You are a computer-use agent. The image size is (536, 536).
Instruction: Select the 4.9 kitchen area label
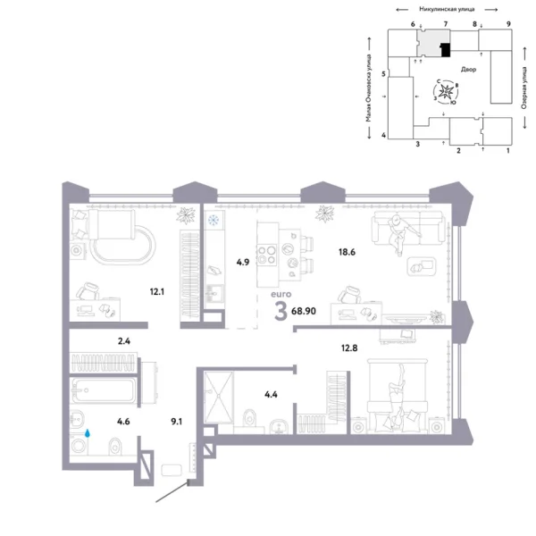click(241, 262)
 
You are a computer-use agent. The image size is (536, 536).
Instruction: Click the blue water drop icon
click(88, 433)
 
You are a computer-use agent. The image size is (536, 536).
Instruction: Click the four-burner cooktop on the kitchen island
click(267, 255)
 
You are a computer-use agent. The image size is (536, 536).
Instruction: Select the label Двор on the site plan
click(468, 68)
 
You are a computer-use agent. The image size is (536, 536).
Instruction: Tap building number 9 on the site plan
click(507, 23)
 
